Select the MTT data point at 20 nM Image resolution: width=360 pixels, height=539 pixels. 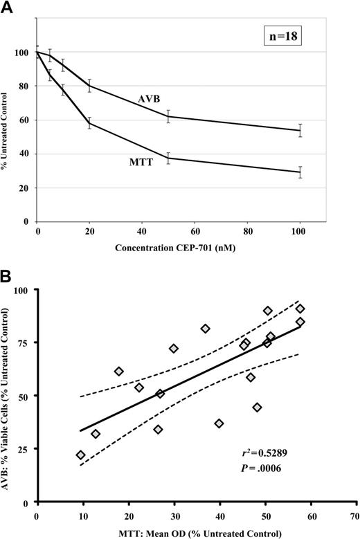pos(90,124)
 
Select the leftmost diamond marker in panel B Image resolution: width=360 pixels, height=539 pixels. pos(81,455)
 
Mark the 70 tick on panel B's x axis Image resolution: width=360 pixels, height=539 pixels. pos(354,515)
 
